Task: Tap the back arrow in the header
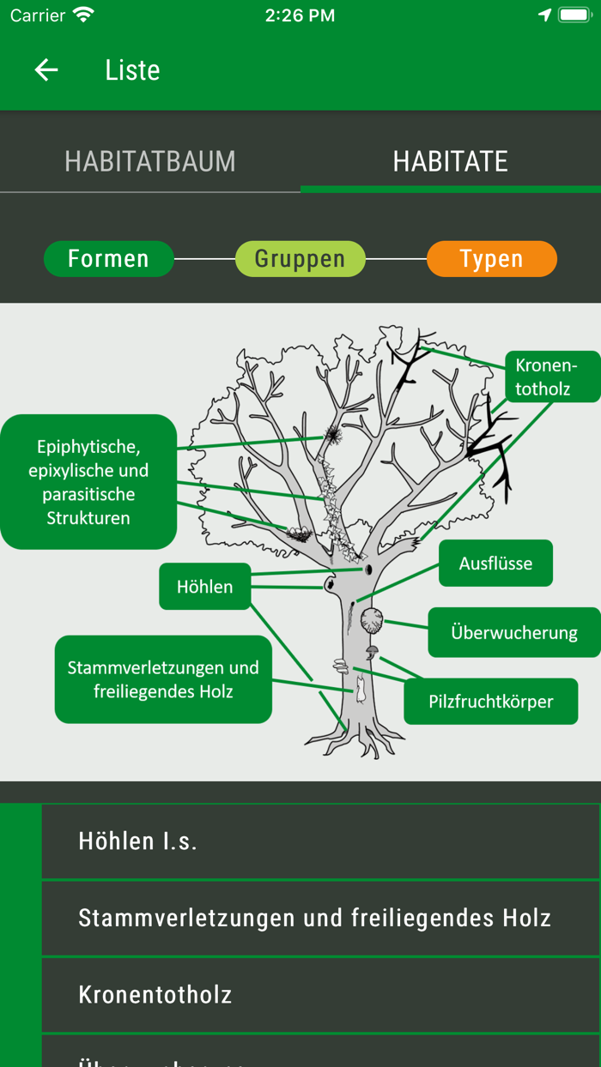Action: tap(46, 70)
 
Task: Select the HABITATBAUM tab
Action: tap(150, 161)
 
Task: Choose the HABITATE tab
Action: tap(450, 161)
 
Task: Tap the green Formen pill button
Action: tap(108, 259)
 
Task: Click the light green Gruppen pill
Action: tap(300, 259)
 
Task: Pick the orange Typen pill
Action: tap(491, 259)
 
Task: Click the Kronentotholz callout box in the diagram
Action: tap(547, 377)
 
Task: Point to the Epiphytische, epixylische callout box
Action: tap(88, 482)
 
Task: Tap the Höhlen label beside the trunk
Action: tap(204, 587)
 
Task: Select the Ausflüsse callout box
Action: tap(495, 564)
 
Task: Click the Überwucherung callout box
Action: tap(513, 633)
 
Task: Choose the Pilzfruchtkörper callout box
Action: tap(490, 702)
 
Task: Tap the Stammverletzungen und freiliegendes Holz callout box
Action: tap(163, 679)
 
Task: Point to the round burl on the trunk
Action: tap(372, 621)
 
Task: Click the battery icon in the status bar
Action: tap(575, 15)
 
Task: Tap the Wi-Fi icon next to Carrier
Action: tap(83, 15)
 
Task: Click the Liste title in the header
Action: tap(132, 70)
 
